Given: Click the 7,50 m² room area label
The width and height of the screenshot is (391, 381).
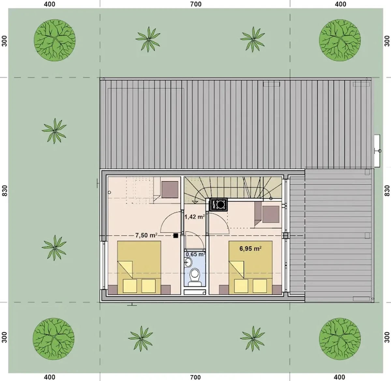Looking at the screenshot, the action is pyautogui.click(x=146, y=235).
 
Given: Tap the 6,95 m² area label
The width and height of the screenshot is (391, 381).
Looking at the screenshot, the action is pyautogui.click(x=250, y=249).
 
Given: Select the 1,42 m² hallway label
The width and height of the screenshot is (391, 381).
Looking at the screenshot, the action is pyautogui.click(x=195, y=217).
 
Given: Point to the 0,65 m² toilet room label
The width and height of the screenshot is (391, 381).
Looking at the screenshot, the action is pyautogui.click(x=195, y=254).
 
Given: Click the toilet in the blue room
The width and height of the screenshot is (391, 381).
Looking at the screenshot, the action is pyautogui.click(x=195, y=278).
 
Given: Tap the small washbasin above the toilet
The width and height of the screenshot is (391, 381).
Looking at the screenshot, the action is pyautogui.click(x=188, y=262).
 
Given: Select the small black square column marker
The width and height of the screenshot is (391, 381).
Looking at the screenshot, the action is pyautogui.click(x=176, y=236).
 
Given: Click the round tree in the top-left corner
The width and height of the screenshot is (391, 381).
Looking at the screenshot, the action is pyautogui.click(x=55, y=40).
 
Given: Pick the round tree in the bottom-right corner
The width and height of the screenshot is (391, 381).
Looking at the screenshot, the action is pyautogui.click(x=340, y=339).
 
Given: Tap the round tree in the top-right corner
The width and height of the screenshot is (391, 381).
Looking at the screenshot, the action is pyautogui.click(x=340, y=40).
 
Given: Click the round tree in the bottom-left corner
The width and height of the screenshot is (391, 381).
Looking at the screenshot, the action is pyautogui.click(x=53, y=339).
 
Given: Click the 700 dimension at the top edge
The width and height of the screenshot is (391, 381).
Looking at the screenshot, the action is pyautogui.click(x=195, y=4).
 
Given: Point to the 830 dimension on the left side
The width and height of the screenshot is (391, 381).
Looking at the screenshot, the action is pyautogui.click(x=4, y=191).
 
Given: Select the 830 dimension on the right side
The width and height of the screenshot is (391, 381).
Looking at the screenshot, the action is pyautogui.click(x=387, y=191).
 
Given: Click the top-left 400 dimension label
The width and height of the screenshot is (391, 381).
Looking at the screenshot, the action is pyautogui.click(x=50, y=4).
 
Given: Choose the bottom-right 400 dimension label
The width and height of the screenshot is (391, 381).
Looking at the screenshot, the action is pyautogui.click(x=340, y=377).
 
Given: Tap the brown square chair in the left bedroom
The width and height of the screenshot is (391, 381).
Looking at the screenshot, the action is pyautogui.click(x=170, y=190).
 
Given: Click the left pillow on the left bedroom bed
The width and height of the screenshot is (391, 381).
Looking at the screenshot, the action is pyautogui.click(x=130, y=286).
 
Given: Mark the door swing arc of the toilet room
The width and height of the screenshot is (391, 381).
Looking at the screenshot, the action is pyautogui.click(x=198, y=237).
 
